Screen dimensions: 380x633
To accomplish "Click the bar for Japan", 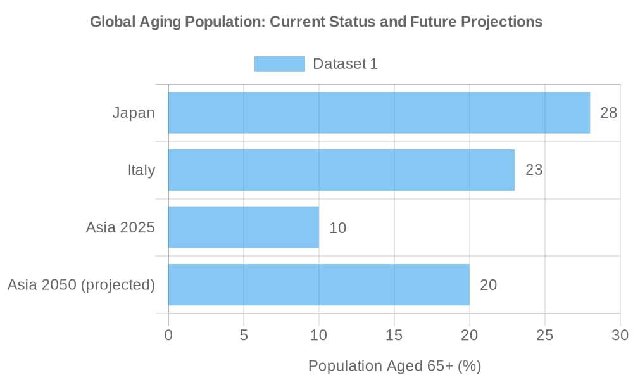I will (x=379, y=113).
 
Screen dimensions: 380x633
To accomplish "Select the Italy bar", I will (x=341, y=170).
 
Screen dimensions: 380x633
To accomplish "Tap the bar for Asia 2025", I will (x=243, y=227).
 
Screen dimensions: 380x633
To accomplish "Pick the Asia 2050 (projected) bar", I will (x=318, y=284).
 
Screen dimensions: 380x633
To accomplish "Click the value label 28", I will (x=608, y=113).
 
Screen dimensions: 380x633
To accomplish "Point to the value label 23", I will (x=534, y=170).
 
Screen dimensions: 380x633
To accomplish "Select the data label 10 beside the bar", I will (x=337, y=227).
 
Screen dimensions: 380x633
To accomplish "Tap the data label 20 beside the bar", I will (x=488, y=284).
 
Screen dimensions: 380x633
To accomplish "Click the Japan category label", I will (x=134, y=113).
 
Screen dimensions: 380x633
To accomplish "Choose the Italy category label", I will (x=141, y=170).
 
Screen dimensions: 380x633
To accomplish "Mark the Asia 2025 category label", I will (x=120, y=227).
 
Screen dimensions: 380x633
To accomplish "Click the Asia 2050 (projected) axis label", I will (x=81, y=284).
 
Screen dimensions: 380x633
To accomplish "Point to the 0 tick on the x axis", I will (x=168, y=334).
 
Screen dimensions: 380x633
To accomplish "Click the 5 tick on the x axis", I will (x=244, y=334).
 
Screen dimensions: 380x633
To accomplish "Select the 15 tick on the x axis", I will (x=394, y=334).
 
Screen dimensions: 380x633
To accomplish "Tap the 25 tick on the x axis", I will (x=545, y=334).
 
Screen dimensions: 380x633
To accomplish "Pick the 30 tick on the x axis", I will (x=620, y=334).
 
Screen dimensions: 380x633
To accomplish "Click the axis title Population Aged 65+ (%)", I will (x=394, y=365).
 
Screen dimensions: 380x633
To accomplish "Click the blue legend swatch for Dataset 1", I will (x=279, y=64).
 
